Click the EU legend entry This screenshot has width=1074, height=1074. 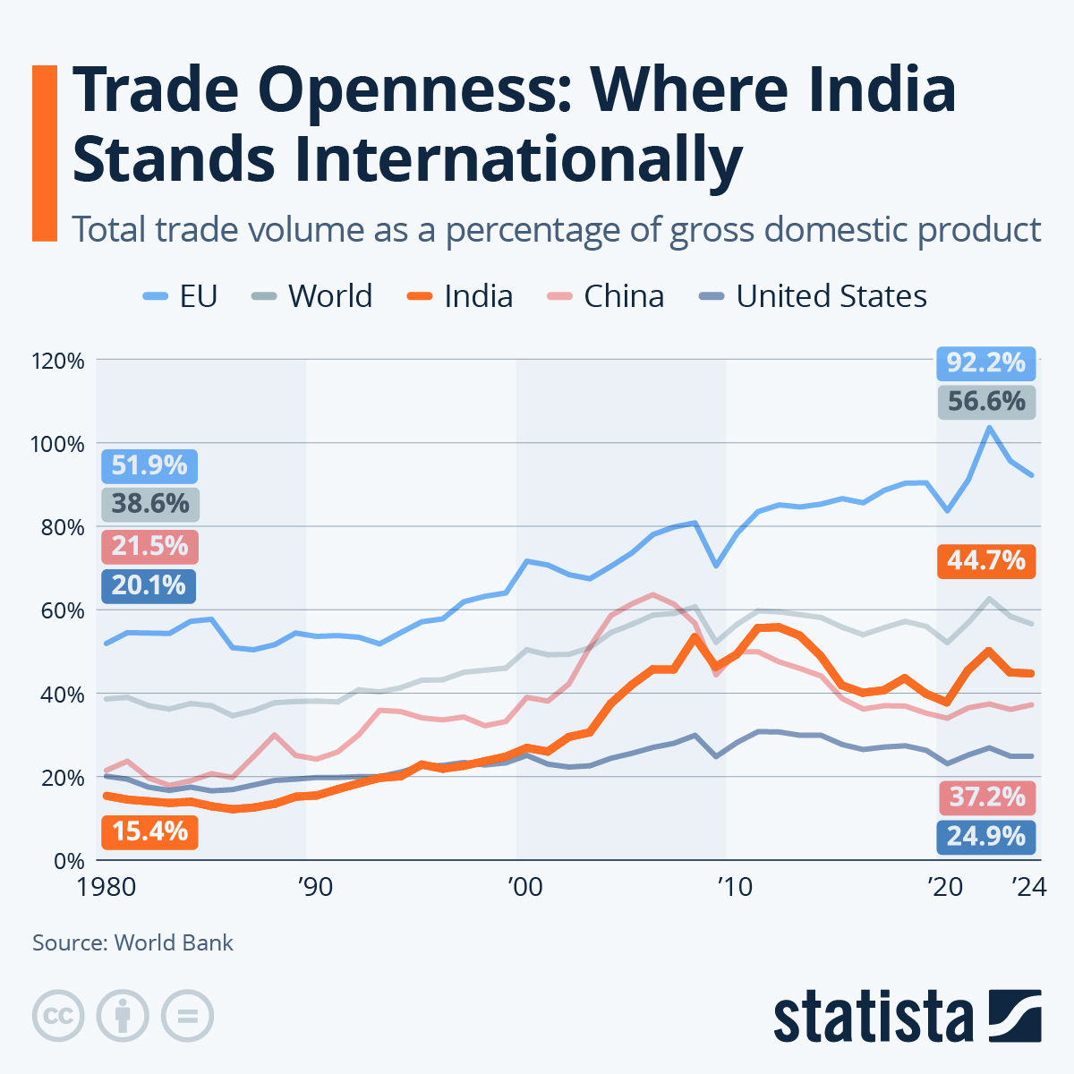tap(182, 296)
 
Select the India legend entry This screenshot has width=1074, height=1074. tap(460, 296)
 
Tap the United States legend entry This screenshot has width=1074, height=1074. tap(814, 296)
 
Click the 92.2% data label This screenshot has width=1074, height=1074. tap(985, 362)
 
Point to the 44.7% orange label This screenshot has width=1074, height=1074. tap(985, 561)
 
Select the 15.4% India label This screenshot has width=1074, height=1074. tap(149, 831)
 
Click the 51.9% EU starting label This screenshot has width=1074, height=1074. tap(149, 465)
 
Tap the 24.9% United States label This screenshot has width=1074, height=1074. tap(985, 836)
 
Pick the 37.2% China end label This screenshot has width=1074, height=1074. tap(985, 797)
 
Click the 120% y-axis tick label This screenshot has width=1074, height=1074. tap(57, 362)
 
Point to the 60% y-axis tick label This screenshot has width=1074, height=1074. tap(63, 611)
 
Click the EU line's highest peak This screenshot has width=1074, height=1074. tap(989, 428)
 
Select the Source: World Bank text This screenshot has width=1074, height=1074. tap(132, 942)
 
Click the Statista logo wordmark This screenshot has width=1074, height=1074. tap(874, 1017)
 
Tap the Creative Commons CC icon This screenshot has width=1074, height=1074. tap(58, 1016)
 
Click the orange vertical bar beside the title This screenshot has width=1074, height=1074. tap(44, 152)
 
